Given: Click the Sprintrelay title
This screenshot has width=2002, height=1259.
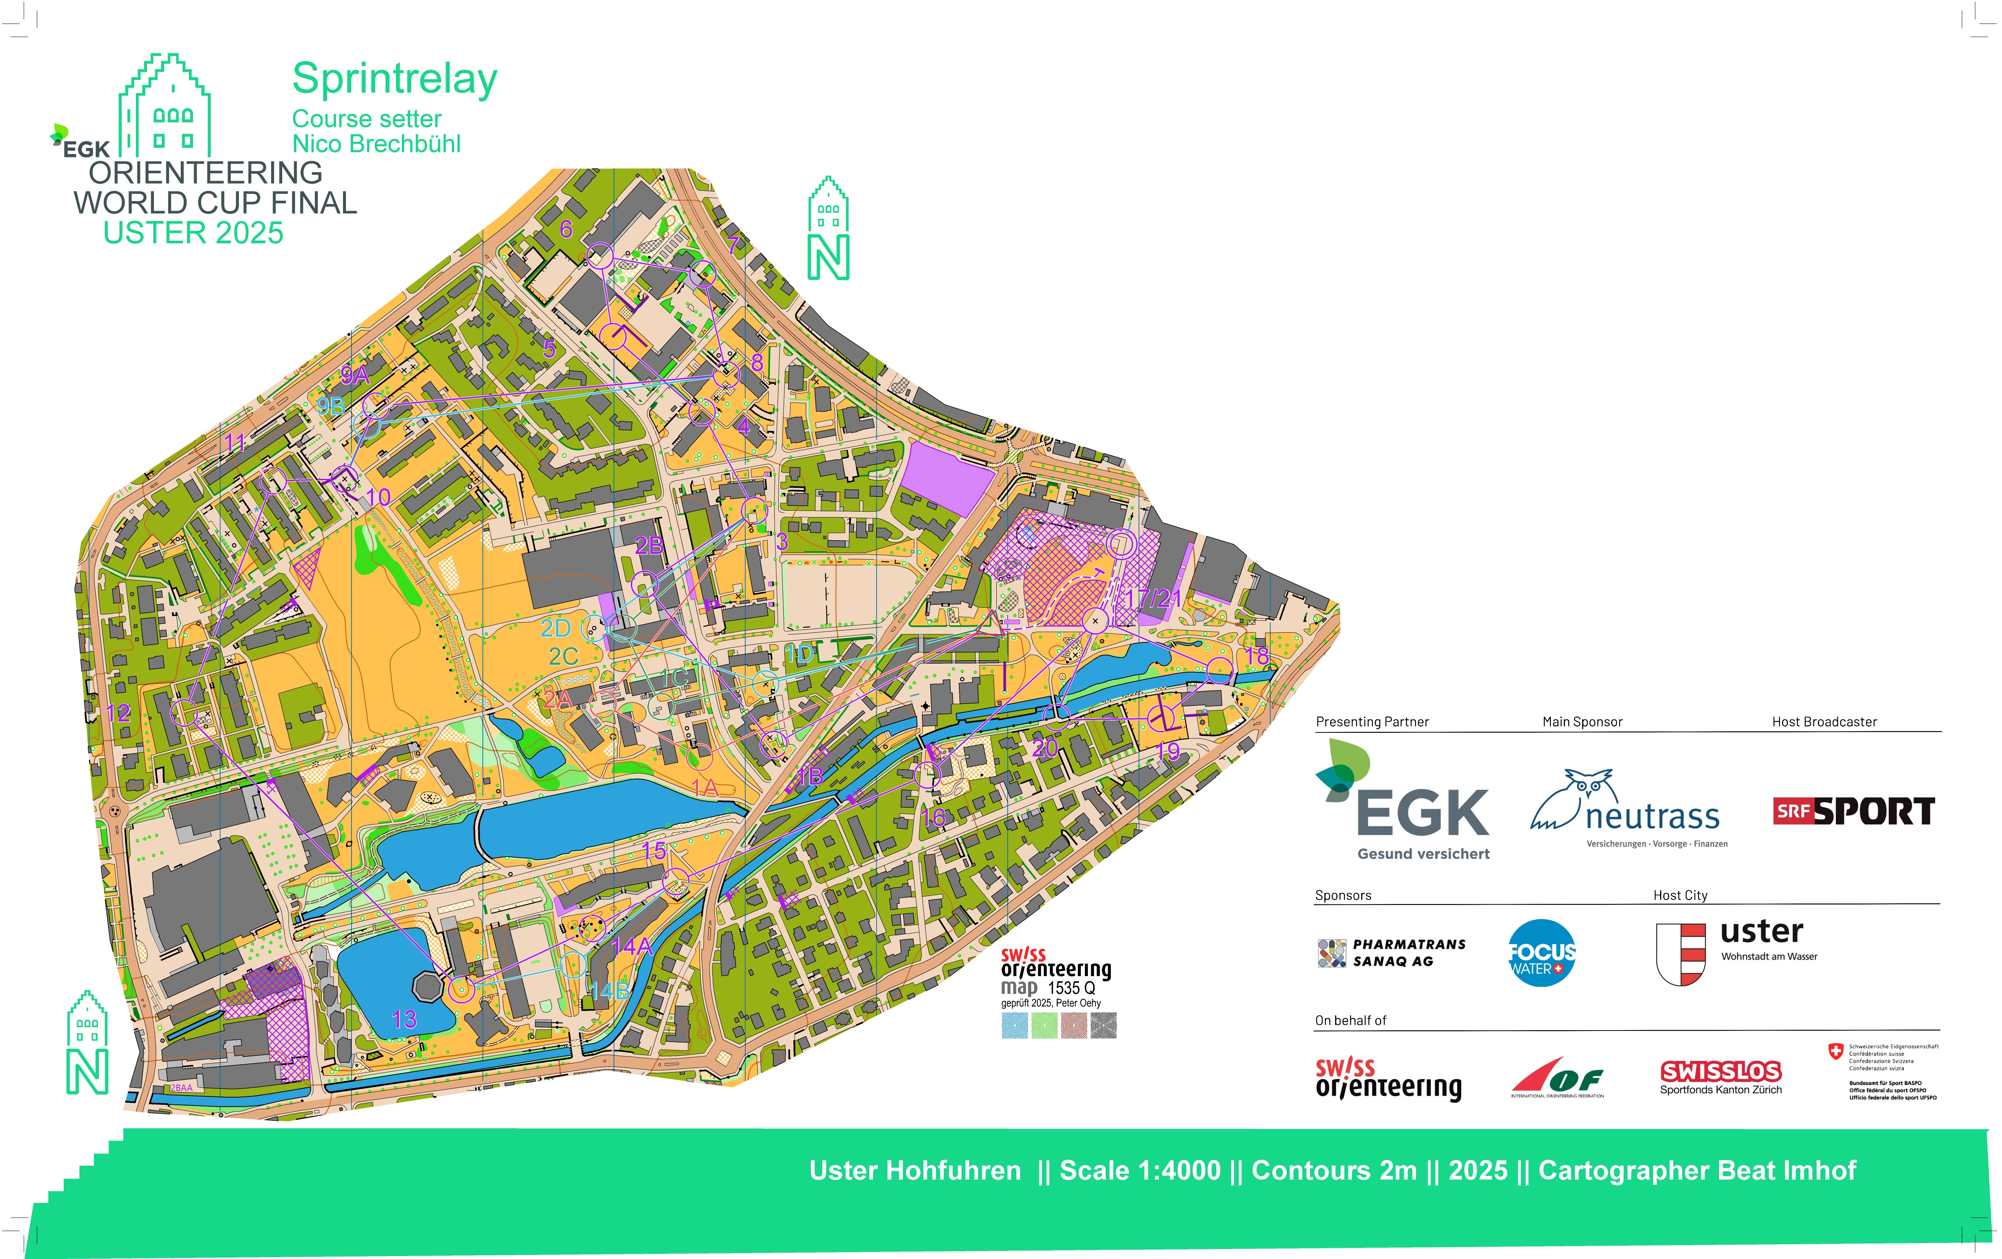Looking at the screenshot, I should pyautogui.click(x=395, y=80).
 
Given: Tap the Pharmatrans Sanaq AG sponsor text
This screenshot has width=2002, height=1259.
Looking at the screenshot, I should pyautogui.click(x=1409, y=952).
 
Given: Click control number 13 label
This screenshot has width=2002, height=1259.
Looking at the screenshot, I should pyautogui.click(x=404, y=1020).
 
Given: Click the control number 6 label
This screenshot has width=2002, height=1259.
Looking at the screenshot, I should pyautogui.click(x=566, y=228).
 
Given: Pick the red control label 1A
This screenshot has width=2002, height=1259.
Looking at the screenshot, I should pyautogui.click(x=703, y=787).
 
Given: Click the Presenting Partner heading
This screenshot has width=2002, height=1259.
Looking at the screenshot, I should pyautogui.click(x=1372, y=721).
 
